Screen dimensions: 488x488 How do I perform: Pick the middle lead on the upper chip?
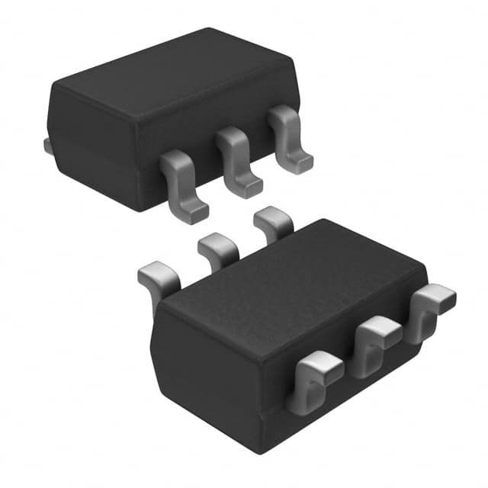click(236, 160)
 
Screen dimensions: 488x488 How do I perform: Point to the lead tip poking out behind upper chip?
click(47, 145)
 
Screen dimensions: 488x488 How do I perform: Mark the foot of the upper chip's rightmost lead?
click(301, 162)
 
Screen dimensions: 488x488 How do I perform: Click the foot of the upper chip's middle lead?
click(249, 187)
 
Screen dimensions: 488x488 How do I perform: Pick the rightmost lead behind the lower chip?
click(273, 220)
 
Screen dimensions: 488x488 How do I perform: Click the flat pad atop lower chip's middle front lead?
click(381, 328)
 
